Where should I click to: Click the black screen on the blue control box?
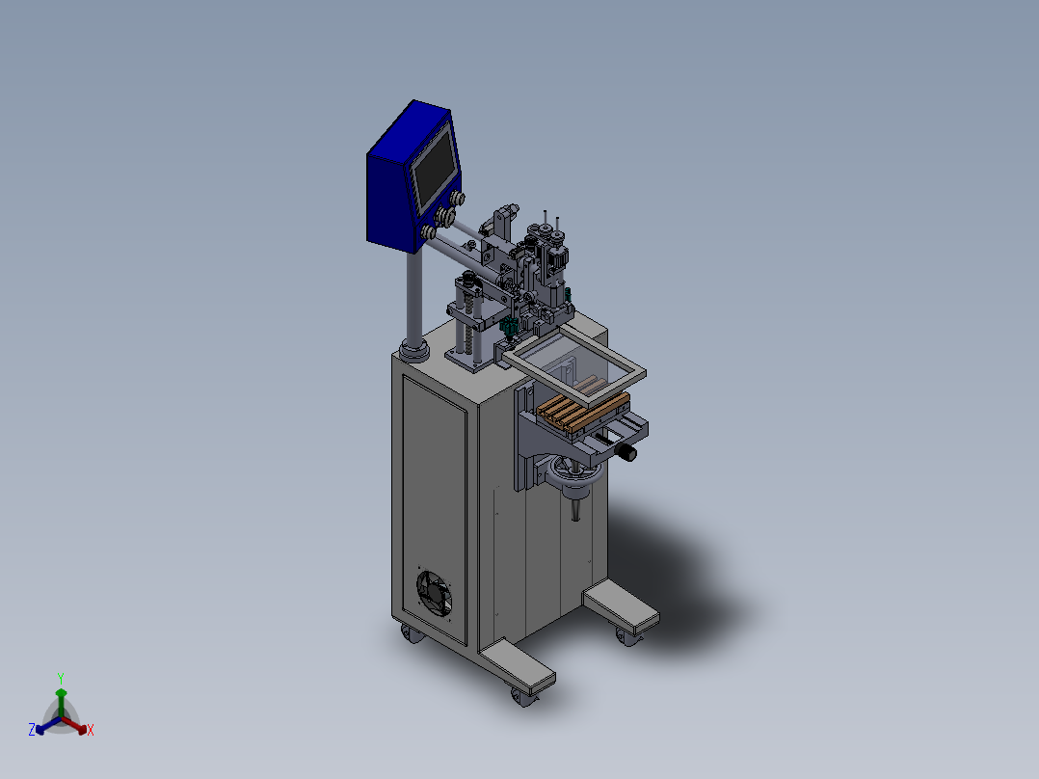pyautogui.click(x=435, y=169)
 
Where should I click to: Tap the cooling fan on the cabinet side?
pyautogui.click(x=434, y=591)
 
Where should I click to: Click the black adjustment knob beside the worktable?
pyautogui.click(x=626, y=452)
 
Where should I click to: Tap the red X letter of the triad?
pyautogui.click(x=91, y=730)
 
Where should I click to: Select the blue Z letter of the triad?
pyautogui.click(x=31, y=729)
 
